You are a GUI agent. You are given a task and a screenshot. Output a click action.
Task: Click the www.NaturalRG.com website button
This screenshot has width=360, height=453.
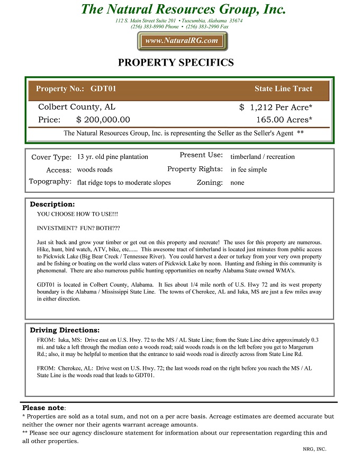click(x=182, y=41)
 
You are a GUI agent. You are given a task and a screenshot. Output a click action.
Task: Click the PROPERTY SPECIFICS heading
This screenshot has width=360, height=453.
click(x=176, y=63)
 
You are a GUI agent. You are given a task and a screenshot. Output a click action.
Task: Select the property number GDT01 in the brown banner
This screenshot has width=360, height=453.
click(x=103, y=88)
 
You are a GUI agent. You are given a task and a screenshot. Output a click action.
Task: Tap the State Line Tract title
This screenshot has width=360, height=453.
click(x=283, y=88)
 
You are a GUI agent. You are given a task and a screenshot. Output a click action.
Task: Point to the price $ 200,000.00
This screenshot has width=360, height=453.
click(x=103, y=120)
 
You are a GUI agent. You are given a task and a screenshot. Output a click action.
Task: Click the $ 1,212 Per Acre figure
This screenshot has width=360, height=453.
click(x=275, y=107)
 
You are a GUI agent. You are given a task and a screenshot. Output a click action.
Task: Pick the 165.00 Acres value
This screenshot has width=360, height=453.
click(x=284, y=120)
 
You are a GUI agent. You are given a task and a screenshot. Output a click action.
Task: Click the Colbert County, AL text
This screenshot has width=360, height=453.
click(x=77, y=107)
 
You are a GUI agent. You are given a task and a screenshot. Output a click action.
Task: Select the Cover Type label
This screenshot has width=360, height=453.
click(x=51, y=157)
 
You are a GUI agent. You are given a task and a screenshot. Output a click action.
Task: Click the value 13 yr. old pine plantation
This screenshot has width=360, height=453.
click(x=113, y=157)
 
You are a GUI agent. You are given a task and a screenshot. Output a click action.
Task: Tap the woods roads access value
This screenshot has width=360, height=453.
click(x=95, y=170)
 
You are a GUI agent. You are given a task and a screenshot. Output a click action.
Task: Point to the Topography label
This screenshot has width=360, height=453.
click(x=50, y=182)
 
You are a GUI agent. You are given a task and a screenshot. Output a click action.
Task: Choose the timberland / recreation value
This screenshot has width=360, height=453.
click(x=263, y=157)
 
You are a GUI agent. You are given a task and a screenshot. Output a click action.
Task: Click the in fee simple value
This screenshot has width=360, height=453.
click(x=249, y=170)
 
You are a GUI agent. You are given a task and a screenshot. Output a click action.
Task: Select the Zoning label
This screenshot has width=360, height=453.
click(x=210, y=182)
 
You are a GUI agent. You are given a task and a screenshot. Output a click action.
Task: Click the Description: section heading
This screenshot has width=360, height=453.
click(x=52, y=204)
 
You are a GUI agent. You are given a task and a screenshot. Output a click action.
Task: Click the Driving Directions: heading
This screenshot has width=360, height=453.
click(x=65, y=330)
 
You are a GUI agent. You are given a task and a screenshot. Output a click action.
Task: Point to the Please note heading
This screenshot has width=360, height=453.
click(x=43, y=408)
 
